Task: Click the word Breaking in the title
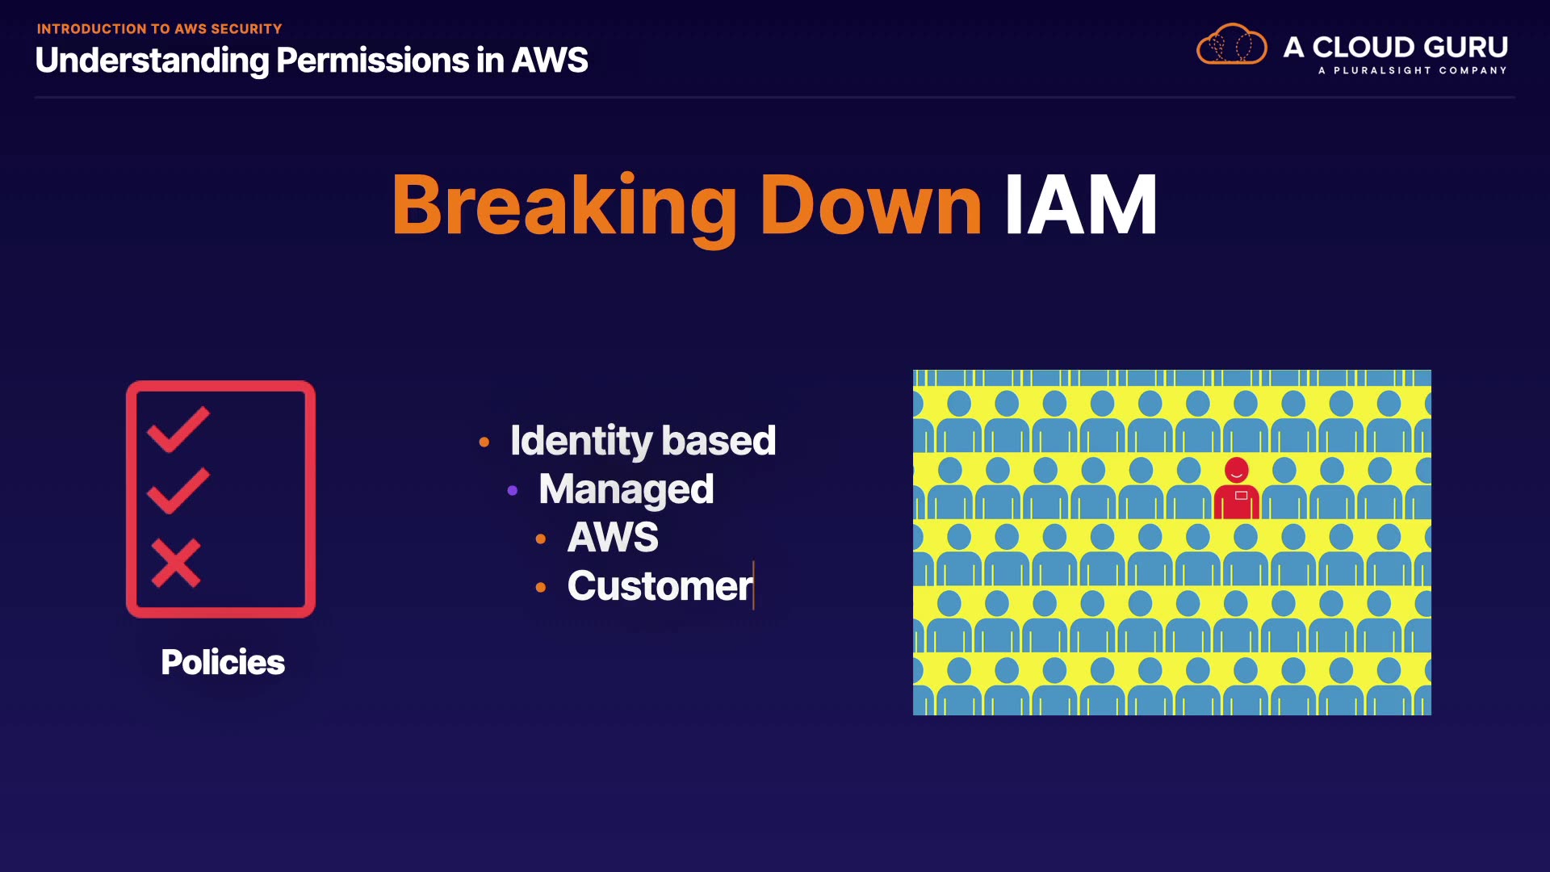pyautogui.click(x=563, y=206)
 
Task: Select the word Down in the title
pyautogui.click(x=870, y=206)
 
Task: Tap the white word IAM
pyautogui.click(x=1080, y=206)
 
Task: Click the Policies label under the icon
pyautogui.click(x=223, y=662)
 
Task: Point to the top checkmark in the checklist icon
pyautogui.click(x=178, y=429)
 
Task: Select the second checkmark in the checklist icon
pyautogui.click(x=178, y=490)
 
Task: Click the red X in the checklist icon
pyautogui.click(x=176, y=563)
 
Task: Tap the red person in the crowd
pyautogui.click(x=1237, y=489)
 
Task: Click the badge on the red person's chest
pyautogui.click(x=1242, y=495)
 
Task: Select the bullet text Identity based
pyautogui.click(x=643, y=441)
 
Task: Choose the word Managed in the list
pyautogui.click(x=626, y=489)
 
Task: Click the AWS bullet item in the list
pyautogui.click(x=613, y=538)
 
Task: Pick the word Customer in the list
pyautogui.click(x=660, y=586)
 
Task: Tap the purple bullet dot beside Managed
pyautogui.click(x=513, y=490)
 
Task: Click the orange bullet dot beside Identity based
pyautogui.click(x=484, y=442)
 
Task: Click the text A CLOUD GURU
pyautogui.click(x=1395, y=47)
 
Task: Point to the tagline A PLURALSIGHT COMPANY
pyautogui.click(x=1412, y=71)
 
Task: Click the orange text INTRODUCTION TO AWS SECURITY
pyautogui.click(x=159, y=29)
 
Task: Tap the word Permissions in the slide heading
pyautogui.click(x=372, y=61)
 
